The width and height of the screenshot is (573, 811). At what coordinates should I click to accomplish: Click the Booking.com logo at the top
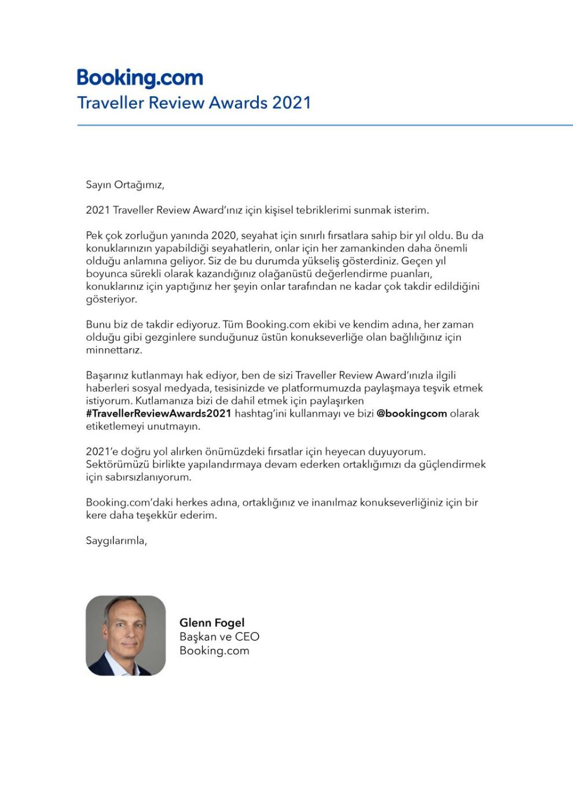coord(140,78)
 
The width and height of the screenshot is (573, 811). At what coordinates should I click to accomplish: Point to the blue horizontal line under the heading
coord(324,125)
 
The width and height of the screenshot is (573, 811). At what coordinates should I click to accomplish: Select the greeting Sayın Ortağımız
coord(125,185)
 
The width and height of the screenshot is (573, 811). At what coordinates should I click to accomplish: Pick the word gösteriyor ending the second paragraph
coord(111,299)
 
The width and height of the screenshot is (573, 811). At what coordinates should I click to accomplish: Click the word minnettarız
coord(113,350)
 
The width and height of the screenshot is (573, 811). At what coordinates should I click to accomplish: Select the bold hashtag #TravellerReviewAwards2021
coord(158,414)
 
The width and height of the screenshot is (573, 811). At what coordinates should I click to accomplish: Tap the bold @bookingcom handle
coord(412,414)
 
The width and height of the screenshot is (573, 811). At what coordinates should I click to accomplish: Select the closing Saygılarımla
coord(116,540)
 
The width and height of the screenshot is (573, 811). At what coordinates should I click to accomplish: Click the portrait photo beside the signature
coord(126,635)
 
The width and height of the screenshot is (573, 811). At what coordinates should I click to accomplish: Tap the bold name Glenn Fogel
coord(212,623)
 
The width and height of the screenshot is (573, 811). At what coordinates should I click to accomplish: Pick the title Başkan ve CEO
coord(219,637)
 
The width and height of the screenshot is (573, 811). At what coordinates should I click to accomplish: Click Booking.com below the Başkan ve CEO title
coord(214,651)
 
